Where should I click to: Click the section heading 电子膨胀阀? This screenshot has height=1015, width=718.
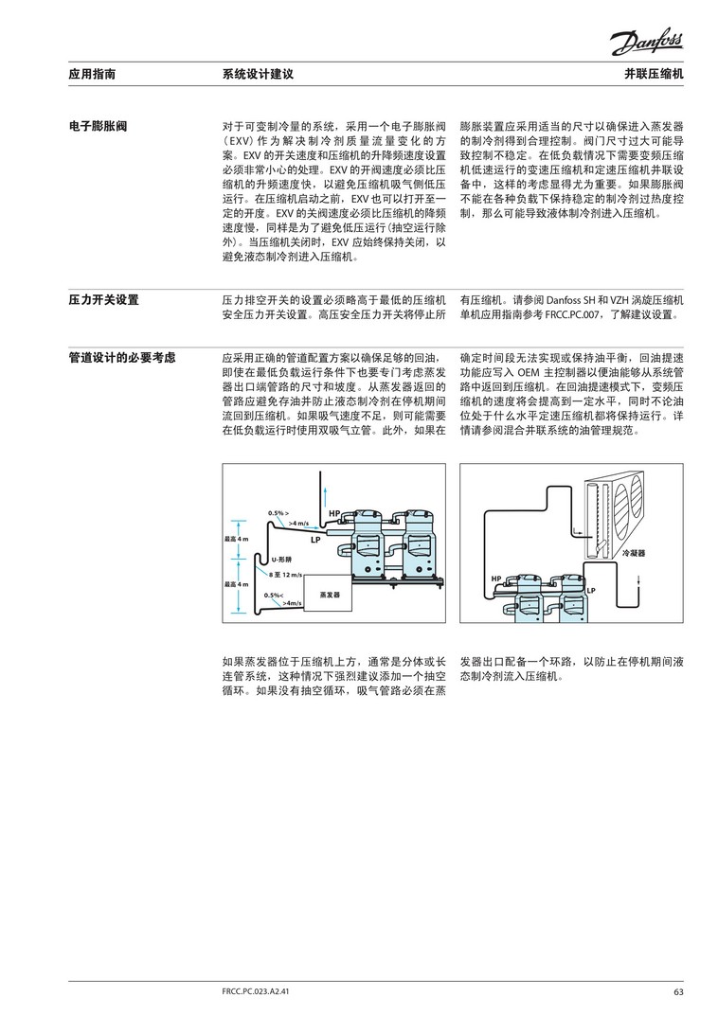(x=99, y=126)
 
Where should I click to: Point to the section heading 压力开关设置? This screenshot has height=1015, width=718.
(x=104, y=300)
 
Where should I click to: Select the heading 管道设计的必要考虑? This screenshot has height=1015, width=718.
(x=123, y=359)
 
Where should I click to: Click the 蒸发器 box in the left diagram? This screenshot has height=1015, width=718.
(x=330, y=594)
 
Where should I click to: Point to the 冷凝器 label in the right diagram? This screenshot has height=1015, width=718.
(x=632, y=551)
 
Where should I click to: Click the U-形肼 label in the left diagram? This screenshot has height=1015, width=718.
(x=281, y=560)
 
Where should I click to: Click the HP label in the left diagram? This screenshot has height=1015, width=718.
(x=333, y=513)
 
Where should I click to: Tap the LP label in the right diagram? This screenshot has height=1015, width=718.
(x=590, y=591)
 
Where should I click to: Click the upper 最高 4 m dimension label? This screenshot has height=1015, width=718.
(x=237, y=539)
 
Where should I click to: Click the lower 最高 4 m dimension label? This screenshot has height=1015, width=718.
(x=237, y=584)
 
